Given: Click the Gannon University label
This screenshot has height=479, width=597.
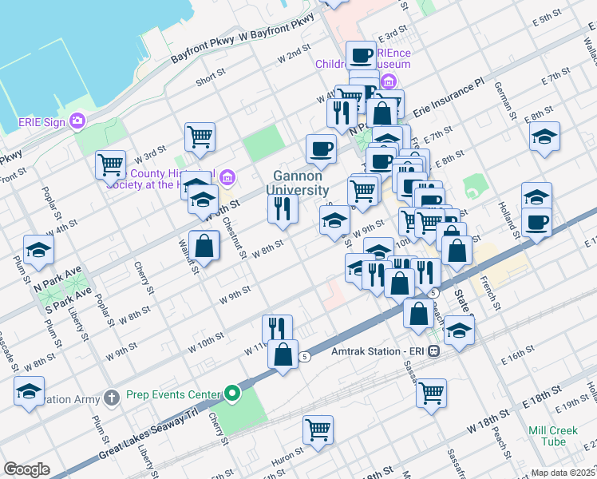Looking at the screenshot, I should pyautogui.click(x=300, y=183).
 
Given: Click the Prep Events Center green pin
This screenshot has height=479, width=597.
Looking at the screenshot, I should pyautogui.click(x=232, y=394).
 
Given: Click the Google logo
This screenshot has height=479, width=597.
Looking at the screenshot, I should pyautogui.click(x=26, y=469).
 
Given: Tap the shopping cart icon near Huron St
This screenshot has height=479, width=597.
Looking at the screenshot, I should pyautogui.click(x=318, y=429).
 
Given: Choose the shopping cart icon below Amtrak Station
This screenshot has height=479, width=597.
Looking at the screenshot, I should pyautogui.click(x=431, y=392).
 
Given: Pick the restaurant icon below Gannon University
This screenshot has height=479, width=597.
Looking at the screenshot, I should pyautogui.click(x=283, y=208).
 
